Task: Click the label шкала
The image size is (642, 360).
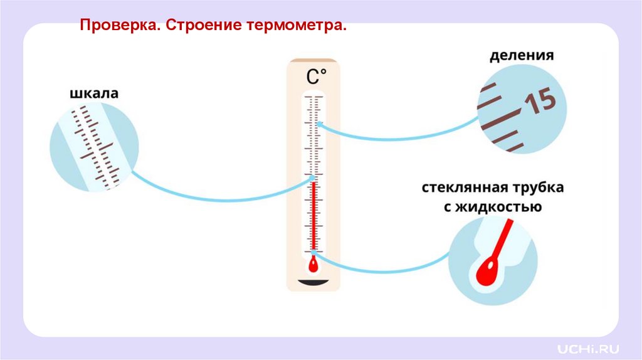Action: pyautogui.click(x=93, y=94)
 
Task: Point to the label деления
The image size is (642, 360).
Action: pyautogui.click(x=522, y=55)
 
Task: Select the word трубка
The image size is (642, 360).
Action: pyautogui.click(x=534, y=188)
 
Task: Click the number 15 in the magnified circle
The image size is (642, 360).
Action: pyautogui.click(x=540, y=102)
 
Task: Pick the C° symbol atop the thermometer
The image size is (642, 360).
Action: pyautogui.click(x=316, y=77)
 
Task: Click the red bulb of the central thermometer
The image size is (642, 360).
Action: pyautogui.click(x=313, y=265)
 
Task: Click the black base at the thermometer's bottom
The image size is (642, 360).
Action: pyautogui.click(x=313, y=285)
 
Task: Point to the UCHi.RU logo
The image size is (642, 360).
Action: pyautogui.click(x=589, y=347)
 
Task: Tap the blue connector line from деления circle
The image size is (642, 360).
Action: pyautogui.click(x=401, y=139)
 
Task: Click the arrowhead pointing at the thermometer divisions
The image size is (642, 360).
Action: pyautogui.click(x=319, y=124)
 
